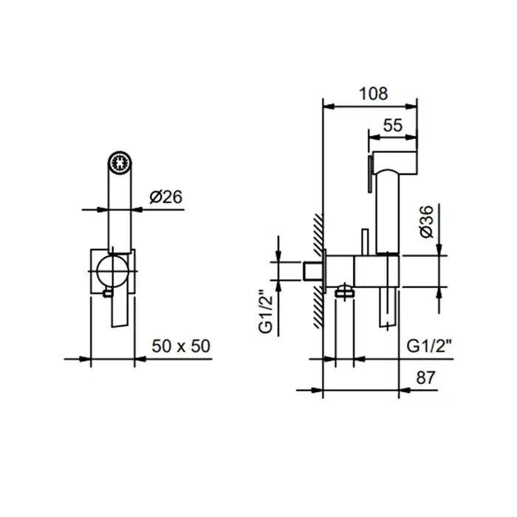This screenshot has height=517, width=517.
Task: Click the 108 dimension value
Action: pyautogui.click(x=373, y=94)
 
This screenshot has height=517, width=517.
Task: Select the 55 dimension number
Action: pyautogui.click(x=393, y=126)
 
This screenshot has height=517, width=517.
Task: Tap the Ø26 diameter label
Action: pyautogui.click(x=166, y=197)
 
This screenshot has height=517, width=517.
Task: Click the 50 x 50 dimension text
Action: pyautogui.click(x=181, y=346)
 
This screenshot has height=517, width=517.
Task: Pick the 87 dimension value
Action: pyautogui.click(x=425, y=377)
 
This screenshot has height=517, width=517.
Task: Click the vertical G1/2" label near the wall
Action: pyautogui.click(x=266, y=312)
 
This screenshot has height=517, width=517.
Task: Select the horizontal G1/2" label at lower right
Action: pyautogui.click(x=429, y=346)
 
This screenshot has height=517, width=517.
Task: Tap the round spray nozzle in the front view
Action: pyautogui.click(x=120, y=162)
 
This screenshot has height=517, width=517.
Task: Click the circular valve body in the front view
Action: pyautogui.click(x=112, y=271)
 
